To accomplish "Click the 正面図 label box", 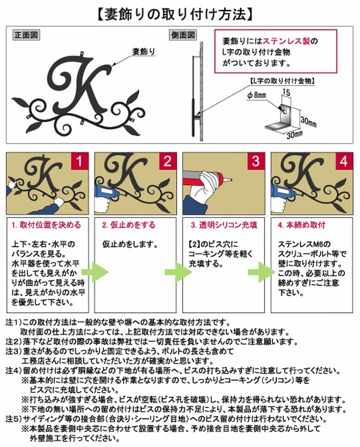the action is (x=26, y=35).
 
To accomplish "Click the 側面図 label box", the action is (x=183, y=35).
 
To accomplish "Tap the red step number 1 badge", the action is (x=79, y=161).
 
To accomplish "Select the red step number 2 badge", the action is (x=167, y=161).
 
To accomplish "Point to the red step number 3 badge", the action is (x=256, y=161).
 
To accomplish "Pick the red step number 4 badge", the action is (x=344, y=161).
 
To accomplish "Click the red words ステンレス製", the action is (x=286, y=42).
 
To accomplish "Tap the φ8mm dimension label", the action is (x=256, y=96).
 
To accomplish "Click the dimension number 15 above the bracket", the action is (x=286, y=93).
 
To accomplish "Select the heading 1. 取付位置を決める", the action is (x=46, y=225).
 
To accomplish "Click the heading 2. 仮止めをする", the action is (x=129, y=225).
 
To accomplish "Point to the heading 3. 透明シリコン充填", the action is (x=224, y=225).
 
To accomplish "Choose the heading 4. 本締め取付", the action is (x=301, y=225).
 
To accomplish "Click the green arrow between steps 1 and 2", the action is (x=95, y=272).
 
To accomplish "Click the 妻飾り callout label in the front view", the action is (x=144, y=52).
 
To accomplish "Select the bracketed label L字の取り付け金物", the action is (x=282, y=81).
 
